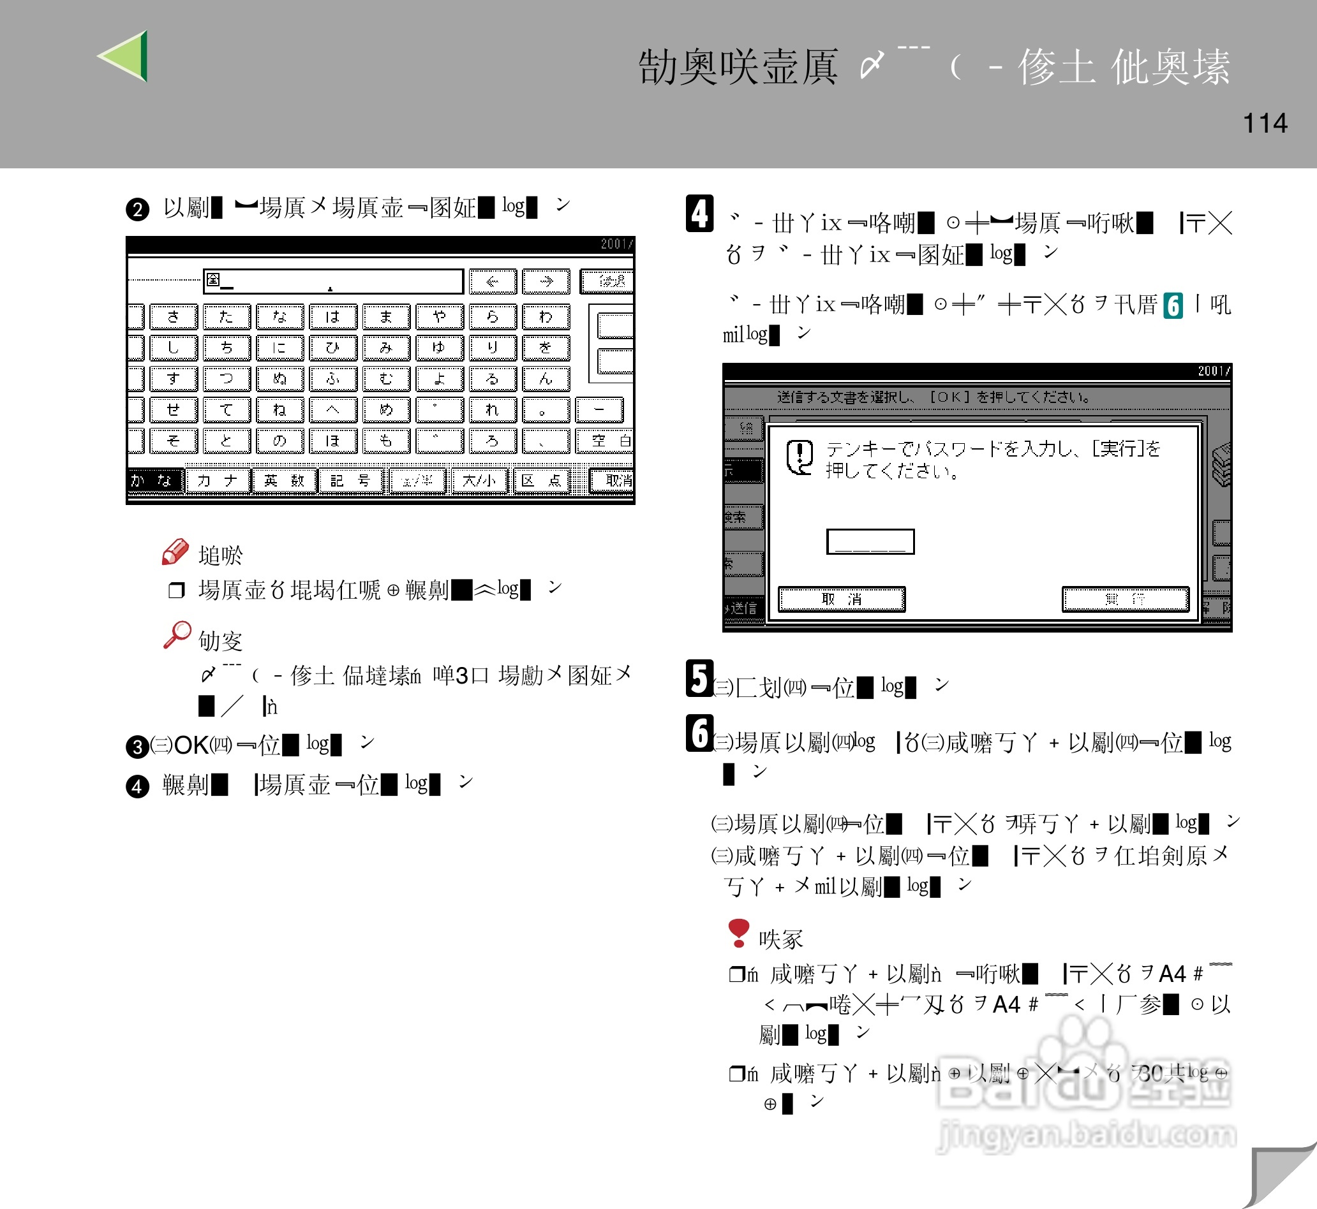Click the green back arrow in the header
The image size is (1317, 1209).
click(x=125, y=56)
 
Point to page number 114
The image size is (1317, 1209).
click(x=1265, y=124)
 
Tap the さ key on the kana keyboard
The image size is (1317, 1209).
click(x=174, y=318)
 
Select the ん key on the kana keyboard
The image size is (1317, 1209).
click(x=546, y=379)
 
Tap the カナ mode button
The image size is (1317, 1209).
click(x=218, y=481)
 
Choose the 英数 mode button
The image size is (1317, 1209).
click(x=284, y=481)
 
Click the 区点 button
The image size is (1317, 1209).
click(x=541, y=481)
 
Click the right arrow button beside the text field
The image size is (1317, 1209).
click(x=546, y=282)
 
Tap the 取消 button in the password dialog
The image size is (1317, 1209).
click(x=841, y=599)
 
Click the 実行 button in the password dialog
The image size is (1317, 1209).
click(x=1124, y=599)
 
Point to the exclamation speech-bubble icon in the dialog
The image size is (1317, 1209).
click(x=800, y=457)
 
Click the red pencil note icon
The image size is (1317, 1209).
click(x=175, y=552)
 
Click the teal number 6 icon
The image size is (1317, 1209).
click(x=1172, y=305)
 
